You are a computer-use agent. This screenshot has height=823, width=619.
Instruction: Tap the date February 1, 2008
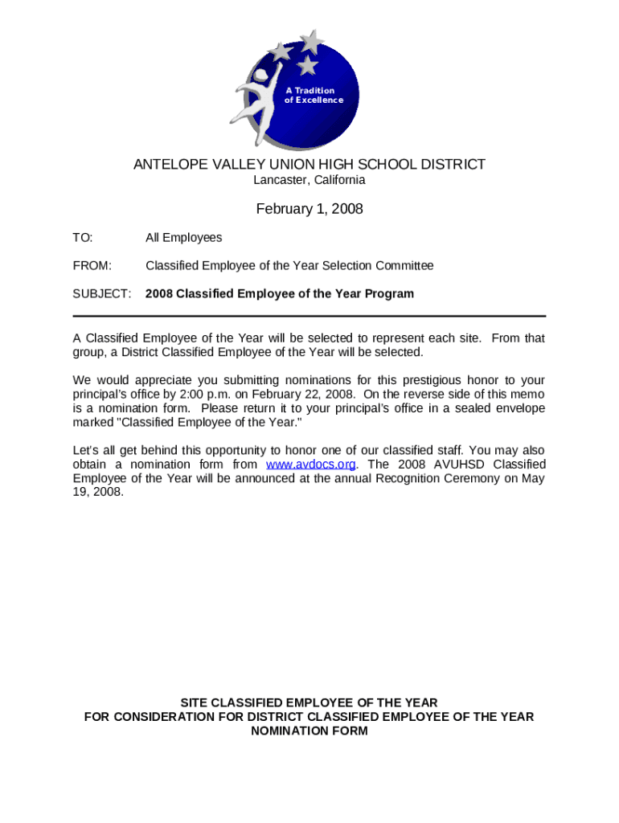(309, 210)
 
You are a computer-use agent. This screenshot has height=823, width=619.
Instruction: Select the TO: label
(83, 238)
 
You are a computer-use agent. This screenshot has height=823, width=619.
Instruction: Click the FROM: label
(92, 266)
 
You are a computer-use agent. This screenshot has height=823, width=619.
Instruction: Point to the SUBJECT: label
(102, 294)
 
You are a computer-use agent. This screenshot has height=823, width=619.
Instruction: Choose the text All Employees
(183, 238)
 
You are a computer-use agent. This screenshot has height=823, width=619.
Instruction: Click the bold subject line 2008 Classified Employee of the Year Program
(280, 294)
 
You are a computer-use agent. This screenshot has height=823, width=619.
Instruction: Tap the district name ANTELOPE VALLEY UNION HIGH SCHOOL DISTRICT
(309, 165)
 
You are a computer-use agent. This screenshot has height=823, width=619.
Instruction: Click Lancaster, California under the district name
(309, 180)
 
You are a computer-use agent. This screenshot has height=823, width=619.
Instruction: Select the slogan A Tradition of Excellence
(314, 96)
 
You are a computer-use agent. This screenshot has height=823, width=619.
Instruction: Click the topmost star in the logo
(311, 40)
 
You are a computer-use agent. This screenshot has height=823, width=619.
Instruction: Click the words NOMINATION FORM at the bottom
(309, 731)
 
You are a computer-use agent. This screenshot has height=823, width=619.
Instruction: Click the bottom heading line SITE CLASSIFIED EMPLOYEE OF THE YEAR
(309, 702)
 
